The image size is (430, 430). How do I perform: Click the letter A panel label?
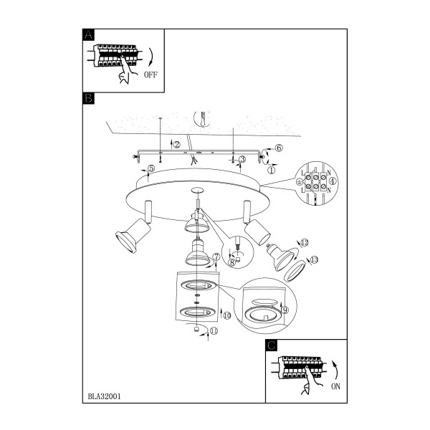click(x=88, y=35)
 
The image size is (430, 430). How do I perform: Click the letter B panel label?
click(x=88, y=98)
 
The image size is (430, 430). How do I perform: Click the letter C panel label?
click(x=271, y=345)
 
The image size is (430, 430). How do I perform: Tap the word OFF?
click(x=150, y=75)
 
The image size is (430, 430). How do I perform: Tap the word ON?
click(x=335, y=386)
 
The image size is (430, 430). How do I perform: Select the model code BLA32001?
click(x=104, y=396)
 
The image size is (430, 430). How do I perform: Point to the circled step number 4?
click(x=333, y=181)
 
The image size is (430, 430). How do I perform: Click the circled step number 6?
click(x=279, y=148)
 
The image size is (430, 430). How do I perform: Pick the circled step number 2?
click(x=177, y=145)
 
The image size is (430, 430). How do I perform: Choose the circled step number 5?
click(x=151, y=168)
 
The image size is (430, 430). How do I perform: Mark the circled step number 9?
click(x=285, y=310)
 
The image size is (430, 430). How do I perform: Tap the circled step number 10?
click(x=226, y=315)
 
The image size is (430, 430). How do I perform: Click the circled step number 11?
click(x=214, y=331)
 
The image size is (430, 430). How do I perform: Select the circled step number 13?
click(x=315, y=259)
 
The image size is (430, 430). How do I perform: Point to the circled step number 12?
click(x=305, y=242)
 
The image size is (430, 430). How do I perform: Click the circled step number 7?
click(x=216, y=257)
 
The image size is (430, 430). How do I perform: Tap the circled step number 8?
click(x=231, y=263)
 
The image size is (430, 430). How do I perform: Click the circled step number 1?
click(x=271, y=171)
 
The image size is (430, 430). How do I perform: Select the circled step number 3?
click(x=242, y=159)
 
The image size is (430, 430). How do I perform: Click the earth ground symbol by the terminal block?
click(x=300, y=181)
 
